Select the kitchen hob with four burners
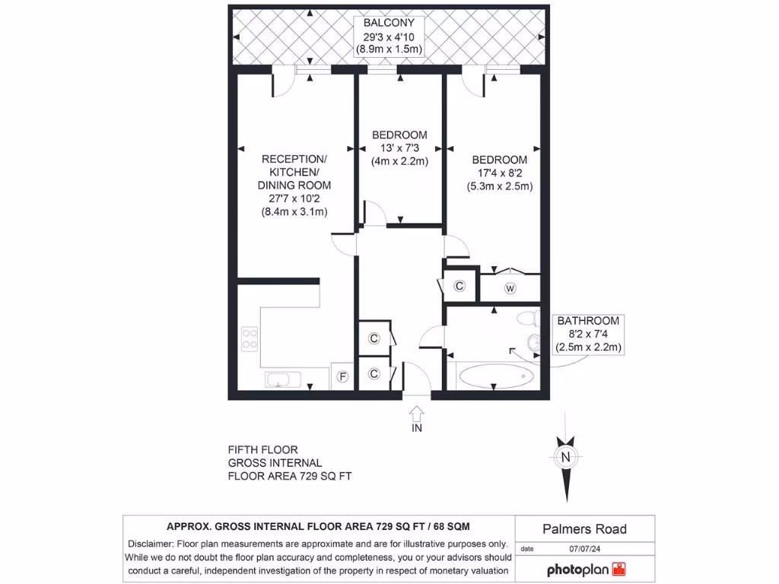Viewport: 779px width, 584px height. pyautogui.click(x=250, y=338)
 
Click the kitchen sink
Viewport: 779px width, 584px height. pyautogui.click(x=284, y=379)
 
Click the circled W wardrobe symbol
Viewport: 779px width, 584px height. pyautogui.click(x=510, y=287)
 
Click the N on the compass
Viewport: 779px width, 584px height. pyautogui.click(x=564, y=457)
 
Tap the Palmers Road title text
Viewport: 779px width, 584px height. pyautogui.click(x=585, y=528)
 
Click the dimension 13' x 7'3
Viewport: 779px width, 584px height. pyautogui.click(x=399, y=148)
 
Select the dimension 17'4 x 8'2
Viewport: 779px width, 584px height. pyautogui.click(x=499, y=173)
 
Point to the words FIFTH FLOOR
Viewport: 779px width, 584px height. pyautogui.click(x=262, y=449)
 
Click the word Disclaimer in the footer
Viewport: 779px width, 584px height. pyautogui.click(x=150, y=544)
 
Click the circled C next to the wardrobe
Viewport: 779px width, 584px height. pyautogui.click(x=459, y=286)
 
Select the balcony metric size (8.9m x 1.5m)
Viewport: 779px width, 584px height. pyautogui.click(x=389, y=49)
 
